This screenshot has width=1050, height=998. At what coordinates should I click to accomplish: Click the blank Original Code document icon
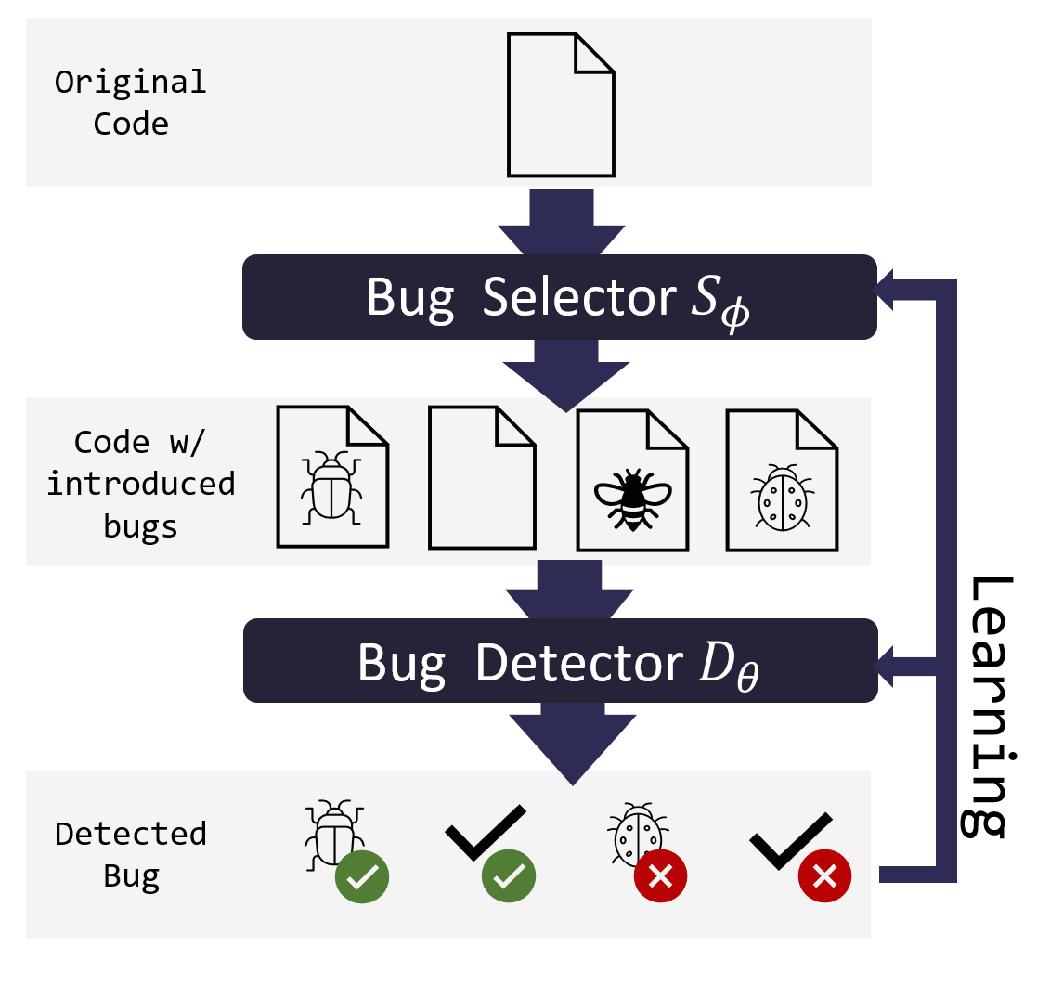pos(561,105)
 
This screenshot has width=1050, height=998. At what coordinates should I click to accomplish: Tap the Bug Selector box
pos(559,297)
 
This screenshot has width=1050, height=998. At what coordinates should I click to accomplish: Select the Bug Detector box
pos(560,660)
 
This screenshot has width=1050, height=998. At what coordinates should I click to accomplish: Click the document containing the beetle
pos(332,477)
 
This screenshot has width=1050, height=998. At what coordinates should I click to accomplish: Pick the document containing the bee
pos(632,481)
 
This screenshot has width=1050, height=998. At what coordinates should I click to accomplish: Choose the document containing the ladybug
pos(782,481)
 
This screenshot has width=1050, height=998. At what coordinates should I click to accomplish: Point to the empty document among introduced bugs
pos(482,477)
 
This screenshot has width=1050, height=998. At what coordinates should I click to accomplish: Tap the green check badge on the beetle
pos(362,875)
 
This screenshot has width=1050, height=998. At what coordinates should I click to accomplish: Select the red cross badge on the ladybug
pos(660,875)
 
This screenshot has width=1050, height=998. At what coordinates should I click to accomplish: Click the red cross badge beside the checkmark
pos(824,875)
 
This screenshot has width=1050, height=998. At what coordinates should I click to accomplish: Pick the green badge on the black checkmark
pos(509,875)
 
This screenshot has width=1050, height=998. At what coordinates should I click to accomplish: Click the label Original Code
pos(131,103)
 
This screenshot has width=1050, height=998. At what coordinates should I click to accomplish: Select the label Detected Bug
pos(131,854)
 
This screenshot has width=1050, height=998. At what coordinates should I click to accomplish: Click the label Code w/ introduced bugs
pos(140,484)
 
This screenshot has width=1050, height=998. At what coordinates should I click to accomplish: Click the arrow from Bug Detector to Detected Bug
pos(572,743)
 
